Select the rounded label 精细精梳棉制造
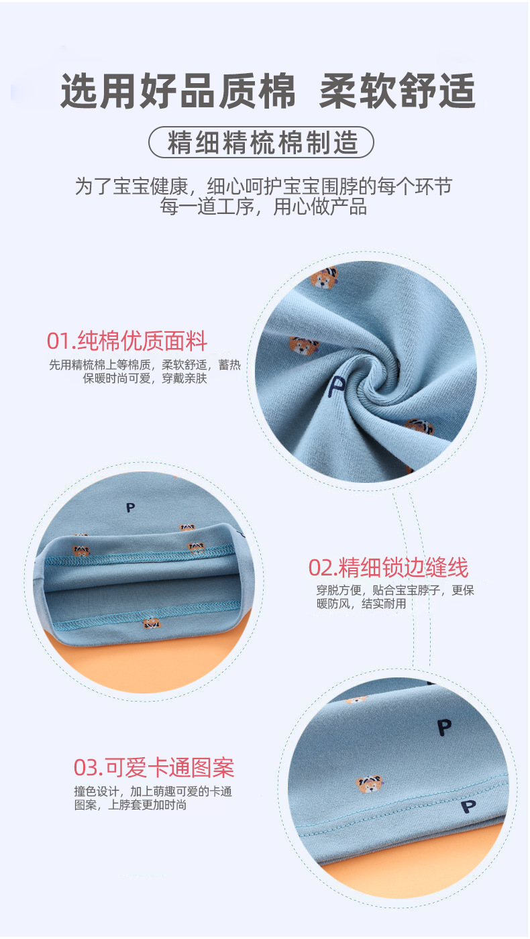261,142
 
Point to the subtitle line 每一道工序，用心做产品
263,207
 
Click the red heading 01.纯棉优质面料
127,341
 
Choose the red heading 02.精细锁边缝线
388,567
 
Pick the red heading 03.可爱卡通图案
154,767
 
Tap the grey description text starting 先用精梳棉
144,372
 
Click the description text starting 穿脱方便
395,597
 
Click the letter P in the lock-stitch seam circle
130,507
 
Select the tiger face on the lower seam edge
152,624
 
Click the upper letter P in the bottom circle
443,726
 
